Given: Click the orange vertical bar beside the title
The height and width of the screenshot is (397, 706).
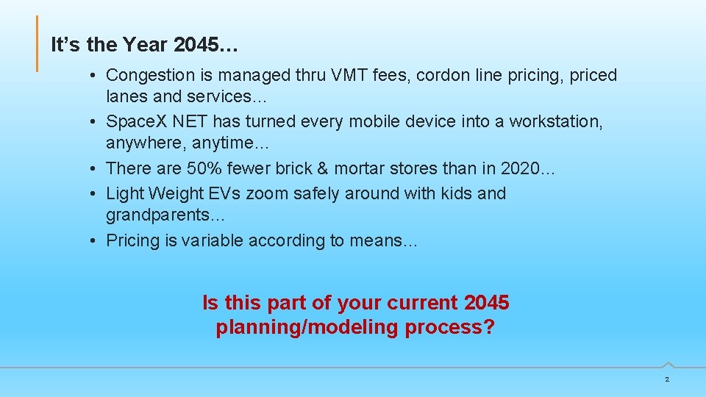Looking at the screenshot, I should [38, 44].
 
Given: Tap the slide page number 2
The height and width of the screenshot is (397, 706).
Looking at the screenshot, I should [666, 379].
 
